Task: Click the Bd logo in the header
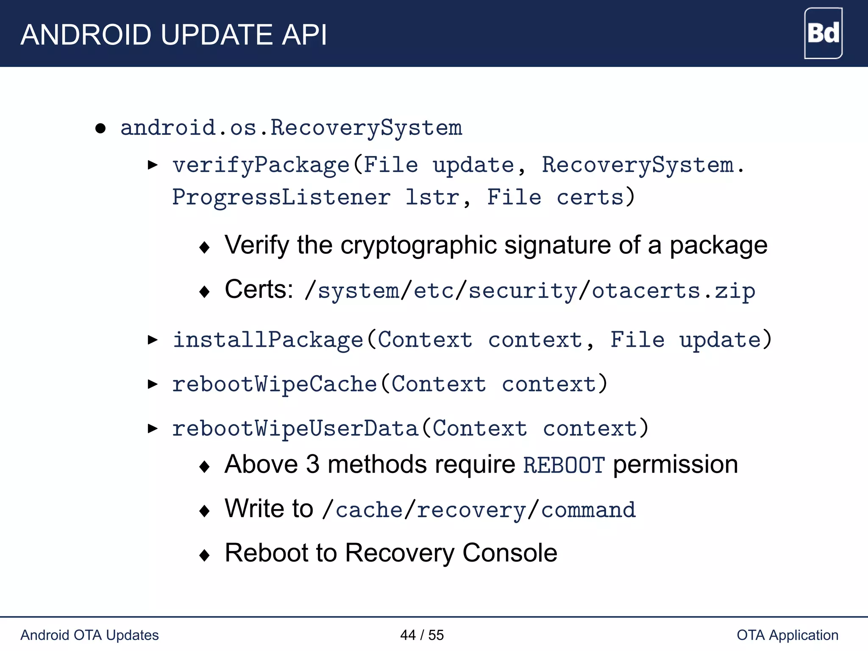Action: pos(823,33)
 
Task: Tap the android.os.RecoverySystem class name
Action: pos(291,128)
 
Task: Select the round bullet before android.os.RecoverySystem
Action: pos(100,128)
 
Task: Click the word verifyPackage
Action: pos(261,165)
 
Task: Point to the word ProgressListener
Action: pos(281,198)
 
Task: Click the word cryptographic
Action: pos(418,245)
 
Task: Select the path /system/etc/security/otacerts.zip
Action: pos(530,291)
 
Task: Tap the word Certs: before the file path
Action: pos(259,290)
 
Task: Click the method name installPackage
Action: pos(268,340)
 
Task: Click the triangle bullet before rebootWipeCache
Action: pos(153,384)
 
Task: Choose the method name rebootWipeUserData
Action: pos(295,428)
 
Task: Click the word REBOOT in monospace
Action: pos(564,465)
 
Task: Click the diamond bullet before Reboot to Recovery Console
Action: pos(205,555)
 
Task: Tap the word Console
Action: pos(510,553)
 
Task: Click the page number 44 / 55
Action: pos(422,635)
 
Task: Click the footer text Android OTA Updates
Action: pos(89,635)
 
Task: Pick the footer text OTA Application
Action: pos(787,635)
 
